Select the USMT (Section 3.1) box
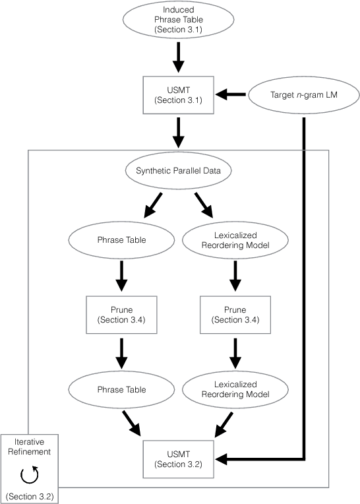click(177, 95)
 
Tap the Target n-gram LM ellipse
click(304, 95)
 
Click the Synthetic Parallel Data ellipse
click(177, 171)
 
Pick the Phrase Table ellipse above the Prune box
click(121, 239)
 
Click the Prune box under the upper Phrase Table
click(121, 315)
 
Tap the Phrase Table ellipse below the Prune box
click(121, 389)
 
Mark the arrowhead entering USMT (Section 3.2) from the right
click(223, 458)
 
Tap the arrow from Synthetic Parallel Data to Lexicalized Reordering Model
click(204, 205)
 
